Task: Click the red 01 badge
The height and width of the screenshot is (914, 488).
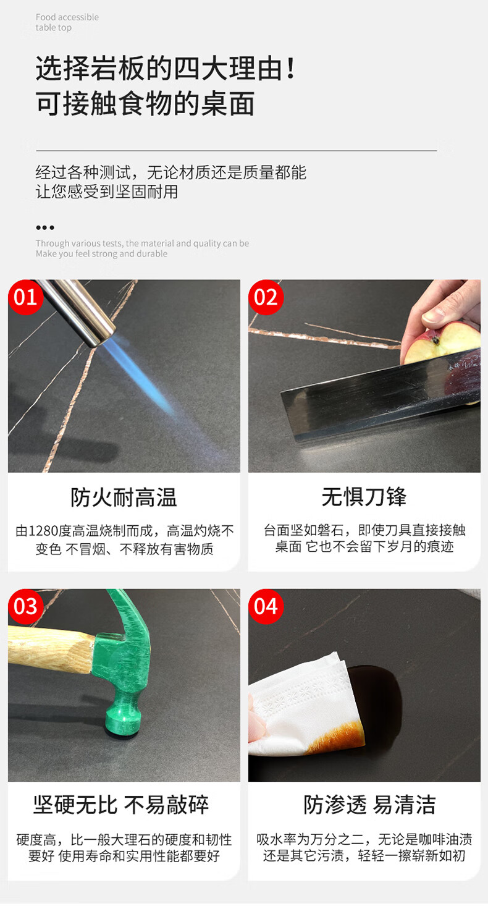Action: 25,297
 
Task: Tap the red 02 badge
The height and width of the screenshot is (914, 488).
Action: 266,297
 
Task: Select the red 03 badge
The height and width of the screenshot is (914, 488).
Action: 25,606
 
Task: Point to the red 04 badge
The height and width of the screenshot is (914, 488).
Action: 266,606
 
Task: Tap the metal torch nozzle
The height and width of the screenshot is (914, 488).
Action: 78,310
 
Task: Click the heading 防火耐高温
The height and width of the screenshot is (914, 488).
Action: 124,497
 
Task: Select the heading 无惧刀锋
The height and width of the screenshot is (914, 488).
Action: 364,497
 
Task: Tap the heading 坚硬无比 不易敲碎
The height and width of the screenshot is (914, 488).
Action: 121,805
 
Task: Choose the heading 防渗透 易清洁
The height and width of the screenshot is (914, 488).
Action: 369,805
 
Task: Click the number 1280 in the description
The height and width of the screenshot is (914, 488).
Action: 44,531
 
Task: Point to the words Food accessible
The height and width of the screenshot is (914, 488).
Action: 67,17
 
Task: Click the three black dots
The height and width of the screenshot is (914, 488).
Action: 45,227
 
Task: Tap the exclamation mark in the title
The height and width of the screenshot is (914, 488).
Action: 291,68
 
